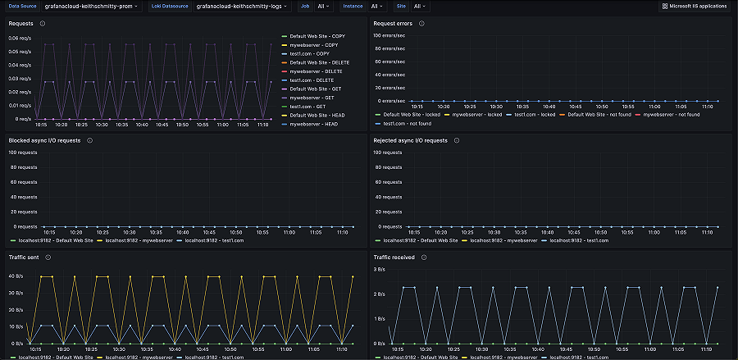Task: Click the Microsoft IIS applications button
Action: point(694,6)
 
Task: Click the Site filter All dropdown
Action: point(418,6)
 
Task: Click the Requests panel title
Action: point(20,24)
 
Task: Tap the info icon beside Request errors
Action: point(421,24)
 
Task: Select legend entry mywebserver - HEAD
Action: point(311,124)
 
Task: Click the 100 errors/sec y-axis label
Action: point(388,35)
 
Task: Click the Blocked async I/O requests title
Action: point(44,140)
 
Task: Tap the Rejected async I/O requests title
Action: point(411,140)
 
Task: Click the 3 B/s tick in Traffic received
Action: point(380,269)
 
